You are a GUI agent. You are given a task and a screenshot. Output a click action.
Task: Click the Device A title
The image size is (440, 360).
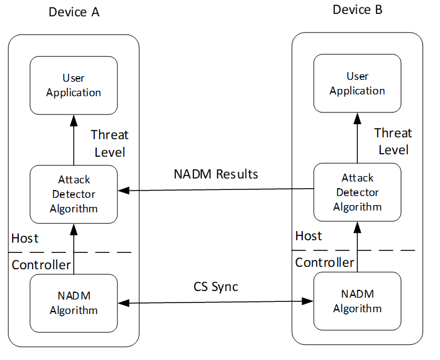(73, 13)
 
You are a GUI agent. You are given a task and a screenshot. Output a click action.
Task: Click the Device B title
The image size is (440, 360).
(357, 10)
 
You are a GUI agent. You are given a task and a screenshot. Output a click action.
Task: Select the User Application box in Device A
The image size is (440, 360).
(73, 85)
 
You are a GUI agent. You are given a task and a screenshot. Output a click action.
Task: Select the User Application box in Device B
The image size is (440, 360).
(357, 83)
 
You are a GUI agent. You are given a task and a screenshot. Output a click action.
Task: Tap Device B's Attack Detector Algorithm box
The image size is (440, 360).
(357, 192)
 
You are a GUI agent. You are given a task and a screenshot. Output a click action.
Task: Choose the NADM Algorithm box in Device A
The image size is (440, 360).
(73, 303)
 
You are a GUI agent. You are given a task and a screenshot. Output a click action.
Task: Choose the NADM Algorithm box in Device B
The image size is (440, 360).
(357, 301)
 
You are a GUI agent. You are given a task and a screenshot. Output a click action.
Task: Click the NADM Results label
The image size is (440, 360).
(216, 174)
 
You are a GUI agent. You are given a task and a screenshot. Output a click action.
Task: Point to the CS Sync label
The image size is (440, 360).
(216, 286)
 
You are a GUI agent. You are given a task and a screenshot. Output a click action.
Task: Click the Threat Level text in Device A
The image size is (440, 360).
(109, 143)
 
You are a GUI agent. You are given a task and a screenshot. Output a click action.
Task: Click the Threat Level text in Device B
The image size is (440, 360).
(393, 142)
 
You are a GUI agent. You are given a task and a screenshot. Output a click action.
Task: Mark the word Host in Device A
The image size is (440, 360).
(25, 238)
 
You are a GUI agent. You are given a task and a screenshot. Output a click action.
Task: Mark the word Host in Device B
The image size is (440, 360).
(308, 236)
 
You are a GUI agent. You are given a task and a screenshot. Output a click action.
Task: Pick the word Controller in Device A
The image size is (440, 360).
(41, 265)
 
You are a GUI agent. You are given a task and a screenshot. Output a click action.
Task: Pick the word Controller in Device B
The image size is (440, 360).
(325, 263)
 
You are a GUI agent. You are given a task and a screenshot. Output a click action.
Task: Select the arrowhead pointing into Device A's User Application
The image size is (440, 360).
(73, 120)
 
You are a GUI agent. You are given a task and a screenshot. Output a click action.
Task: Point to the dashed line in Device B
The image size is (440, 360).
(387, 250)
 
